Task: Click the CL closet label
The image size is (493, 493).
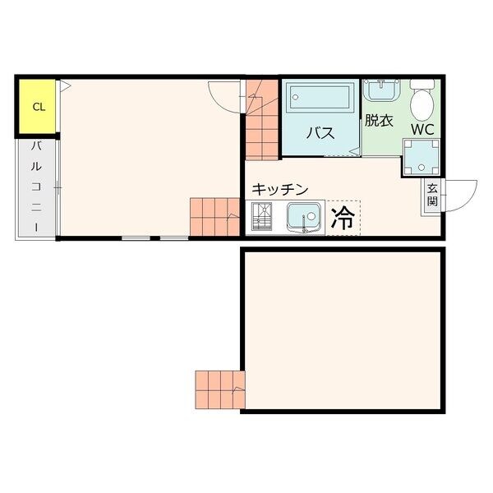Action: (39, 107)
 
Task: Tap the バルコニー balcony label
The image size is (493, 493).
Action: (36, 187)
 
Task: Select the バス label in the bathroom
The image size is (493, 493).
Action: (320, 133)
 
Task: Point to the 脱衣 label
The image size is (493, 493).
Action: (379, 121)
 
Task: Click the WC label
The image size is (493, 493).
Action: (423, 129)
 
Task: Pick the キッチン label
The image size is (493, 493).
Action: (279, 189)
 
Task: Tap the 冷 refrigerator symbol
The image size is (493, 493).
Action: (343, 218)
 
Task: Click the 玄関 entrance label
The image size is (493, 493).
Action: (432, 195)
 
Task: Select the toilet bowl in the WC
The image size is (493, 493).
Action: (422, 100)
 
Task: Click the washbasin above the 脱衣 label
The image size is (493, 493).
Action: (381, 90)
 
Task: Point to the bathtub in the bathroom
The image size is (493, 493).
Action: (320, 97)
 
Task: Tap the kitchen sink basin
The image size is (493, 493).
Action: (304, 216)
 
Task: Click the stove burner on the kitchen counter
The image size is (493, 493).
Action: (261, 217)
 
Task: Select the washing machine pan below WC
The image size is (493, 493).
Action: (422, 157)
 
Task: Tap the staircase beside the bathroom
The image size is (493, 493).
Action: (261, 119)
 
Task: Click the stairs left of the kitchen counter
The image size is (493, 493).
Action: (215, 217)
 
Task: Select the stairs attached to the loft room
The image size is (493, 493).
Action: (220, 389)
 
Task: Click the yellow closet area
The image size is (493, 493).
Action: (37, 106)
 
